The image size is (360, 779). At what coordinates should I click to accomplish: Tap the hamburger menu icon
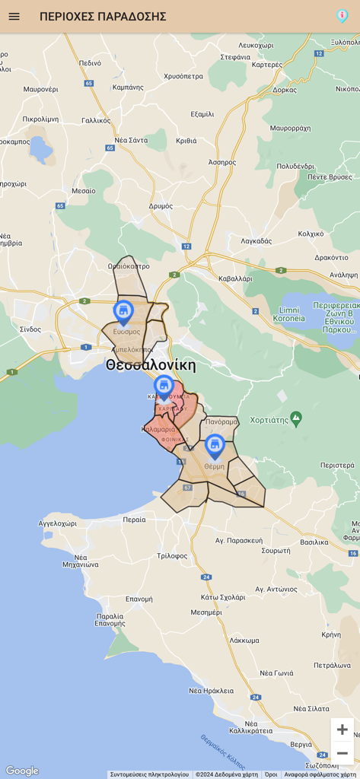[x=14, y=16]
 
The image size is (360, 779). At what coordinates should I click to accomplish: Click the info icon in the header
[x=342, y=16]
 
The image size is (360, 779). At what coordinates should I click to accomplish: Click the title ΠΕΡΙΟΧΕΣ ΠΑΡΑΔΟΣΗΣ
[x=103, y=16]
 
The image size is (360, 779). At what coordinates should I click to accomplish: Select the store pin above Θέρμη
[x=215, y=446]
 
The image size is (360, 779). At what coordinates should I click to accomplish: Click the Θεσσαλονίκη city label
[x=151, y=365]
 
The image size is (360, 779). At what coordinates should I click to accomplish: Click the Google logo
[x=21, y=771]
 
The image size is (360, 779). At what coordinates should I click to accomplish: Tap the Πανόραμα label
[x=221, y=421]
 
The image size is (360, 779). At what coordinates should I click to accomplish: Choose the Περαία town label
[x=134, y=520]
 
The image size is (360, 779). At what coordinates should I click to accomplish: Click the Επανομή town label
[x=139, y=599]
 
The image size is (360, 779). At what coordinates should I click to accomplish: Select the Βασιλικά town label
[x=314, y=542]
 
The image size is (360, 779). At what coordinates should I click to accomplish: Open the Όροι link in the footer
[x=271, y=774]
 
